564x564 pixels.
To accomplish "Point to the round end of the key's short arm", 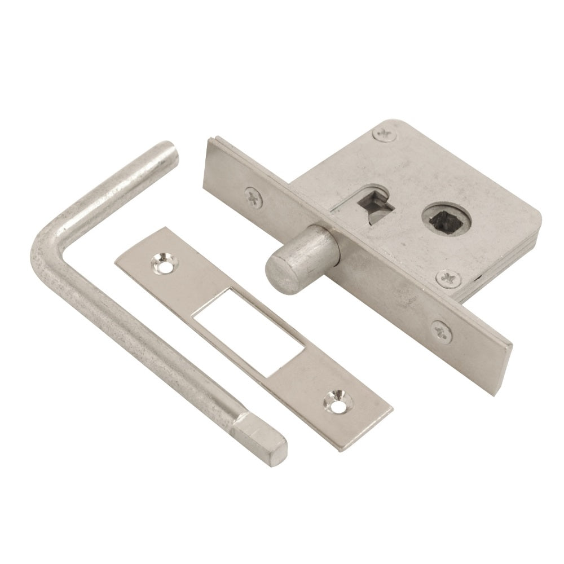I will point(169,152).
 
